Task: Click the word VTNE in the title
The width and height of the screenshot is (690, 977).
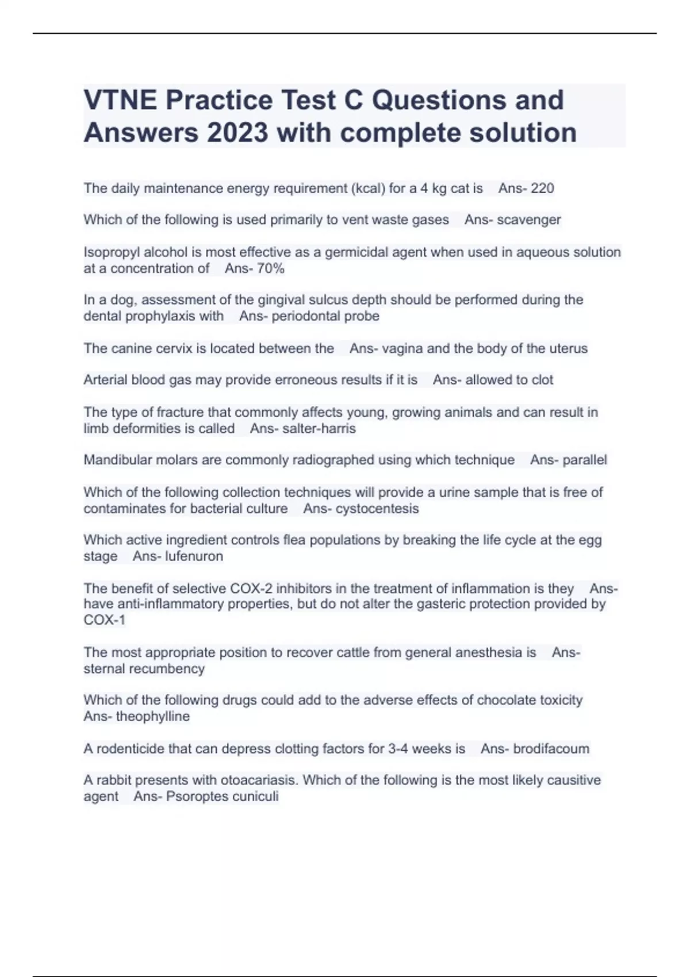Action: [x=120, y=100]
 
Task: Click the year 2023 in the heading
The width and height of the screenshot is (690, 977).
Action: [x=237, y=133]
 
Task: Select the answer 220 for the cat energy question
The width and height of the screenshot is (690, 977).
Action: [x=542, y=189]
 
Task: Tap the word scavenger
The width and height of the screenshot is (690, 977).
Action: [x=529, y=220]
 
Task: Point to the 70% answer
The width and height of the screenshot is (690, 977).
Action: [x=270, y=268]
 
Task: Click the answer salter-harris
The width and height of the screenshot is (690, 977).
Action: [x=319, y=429]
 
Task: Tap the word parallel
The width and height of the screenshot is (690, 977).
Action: [x=584, y=460]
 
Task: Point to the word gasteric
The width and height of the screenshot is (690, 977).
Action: [x=451, y=604]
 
